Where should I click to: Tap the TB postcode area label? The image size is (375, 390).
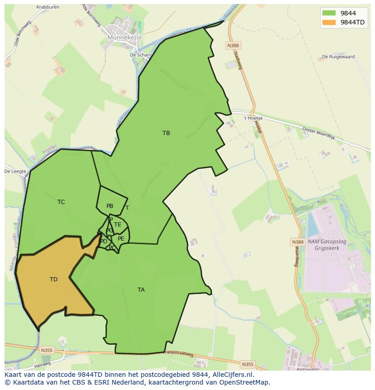point(166,133)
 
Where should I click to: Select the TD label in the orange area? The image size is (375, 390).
point(53,279)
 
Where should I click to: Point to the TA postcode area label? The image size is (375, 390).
point(141,290)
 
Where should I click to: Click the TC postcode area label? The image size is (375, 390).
point(61,202)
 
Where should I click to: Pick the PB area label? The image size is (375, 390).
point(110,206)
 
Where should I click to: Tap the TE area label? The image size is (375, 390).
point(118,225)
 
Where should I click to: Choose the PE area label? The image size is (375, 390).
point(121,239)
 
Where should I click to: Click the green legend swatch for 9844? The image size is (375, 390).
point(329,13)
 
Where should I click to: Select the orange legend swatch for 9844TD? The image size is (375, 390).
point(329,23)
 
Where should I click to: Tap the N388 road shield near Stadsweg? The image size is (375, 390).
point(233,45)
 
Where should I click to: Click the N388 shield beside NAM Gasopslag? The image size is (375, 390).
point(298,242)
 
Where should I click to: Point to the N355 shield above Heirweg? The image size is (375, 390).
point(46,350)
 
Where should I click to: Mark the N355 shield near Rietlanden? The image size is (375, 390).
point(247,364)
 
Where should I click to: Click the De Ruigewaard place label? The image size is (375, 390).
point(338,57)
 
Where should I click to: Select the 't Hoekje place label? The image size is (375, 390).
point(253,118)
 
